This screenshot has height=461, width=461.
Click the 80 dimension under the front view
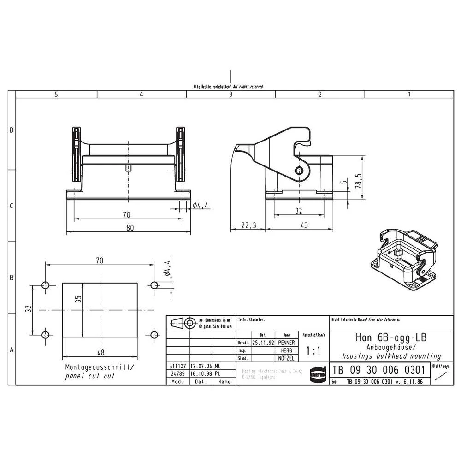click(x=130, y=227)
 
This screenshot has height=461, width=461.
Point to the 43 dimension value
click(x=304, y=225)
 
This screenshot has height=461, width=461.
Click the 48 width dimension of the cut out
click(x=100, y=353)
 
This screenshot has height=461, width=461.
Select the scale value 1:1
click(x=313, y=351)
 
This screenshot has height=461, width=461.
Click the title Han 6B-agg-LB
click(x=391, y=337)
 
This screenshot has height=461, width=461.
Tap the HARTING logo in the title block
click(x=317, y=372)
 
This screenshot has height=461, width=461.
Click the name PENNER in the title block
click(x=286, y=343)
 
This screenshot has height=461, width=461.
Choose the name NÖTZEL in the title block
click(x=286, y=358)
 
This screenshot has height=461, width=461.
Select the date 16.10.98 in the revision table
click(x=201, y=374)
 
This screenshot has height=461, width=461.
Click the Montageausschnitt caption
click(x=100, y=367)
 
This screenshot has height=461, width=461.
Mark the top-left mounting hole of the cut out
click(x=45, y=285)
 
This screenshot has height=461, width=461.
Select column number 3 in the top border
click(x=230, y=94)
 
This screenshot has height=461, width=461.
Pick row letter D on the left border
click(x=12, y=130)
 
